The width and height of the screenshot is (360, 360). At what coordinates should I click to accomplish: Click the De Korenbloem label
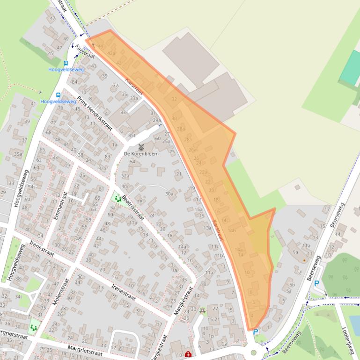click(x=141, y=153)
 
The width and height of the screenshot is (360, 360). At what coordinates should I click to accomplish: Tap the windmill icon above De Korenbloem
click(x=141, y=147)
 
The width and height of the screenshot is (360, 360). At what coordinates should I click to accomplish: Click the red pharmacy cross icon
click(x=188, y=354)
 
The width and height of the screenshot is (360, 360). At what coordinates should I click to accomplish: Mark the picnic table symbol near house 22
click(x=202, y=310)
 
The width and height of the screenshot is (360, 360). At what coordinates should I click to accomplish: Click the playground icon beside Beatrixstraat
click(x=117, y=199)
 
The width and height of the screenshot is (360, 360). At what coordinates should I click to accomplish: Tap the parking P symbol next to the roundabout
click(x=255, y=332)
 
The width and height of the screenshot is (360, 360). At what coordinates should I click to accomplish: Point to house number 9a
click(x=295, y=252)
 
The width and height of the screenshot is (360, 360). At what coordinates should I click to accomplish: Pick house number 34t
click(x=18, y=296)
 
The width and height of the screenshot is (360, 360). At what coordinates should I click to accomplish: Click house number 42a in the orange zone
click(x=111, y=54)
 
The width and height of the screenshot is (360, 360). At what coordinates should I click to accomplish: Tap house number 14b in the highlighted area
click(x=231, y=230)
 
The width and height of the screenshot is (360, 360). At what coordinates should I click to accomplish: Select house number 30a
click(x=169, y=194)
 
